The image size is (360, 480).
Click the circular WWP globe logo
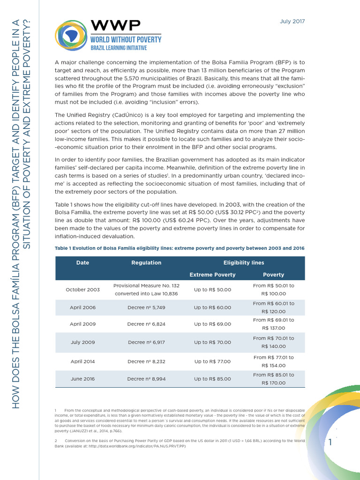click(70, 36)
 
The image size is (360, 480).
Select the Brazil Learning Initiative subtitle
click(119, 48)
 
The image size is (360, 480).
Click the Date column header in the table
click(82, 262)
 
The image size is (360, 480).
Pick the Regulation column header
click(146, 262)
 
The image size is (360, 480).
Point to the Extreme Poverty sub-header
click(212, 275)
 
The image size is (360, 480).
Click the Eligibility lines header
click(243, 262)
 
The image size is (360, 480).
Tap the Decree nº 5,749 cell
click(146, 307)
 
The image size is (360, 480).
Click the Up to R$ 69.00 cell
click(212, 324)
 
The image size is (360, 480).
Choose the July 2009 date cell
click(83, 342)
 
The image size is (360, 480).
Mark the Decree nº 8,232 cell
click(146, 361)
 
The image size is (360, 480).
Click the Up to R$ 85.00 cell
click(212, 379)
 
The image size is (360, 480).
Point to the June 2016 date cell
click(83, 379)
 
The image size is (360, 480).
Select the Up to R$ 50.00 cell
click(212, 290)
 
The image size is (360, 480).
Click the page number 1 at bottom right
click(330, 442)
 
